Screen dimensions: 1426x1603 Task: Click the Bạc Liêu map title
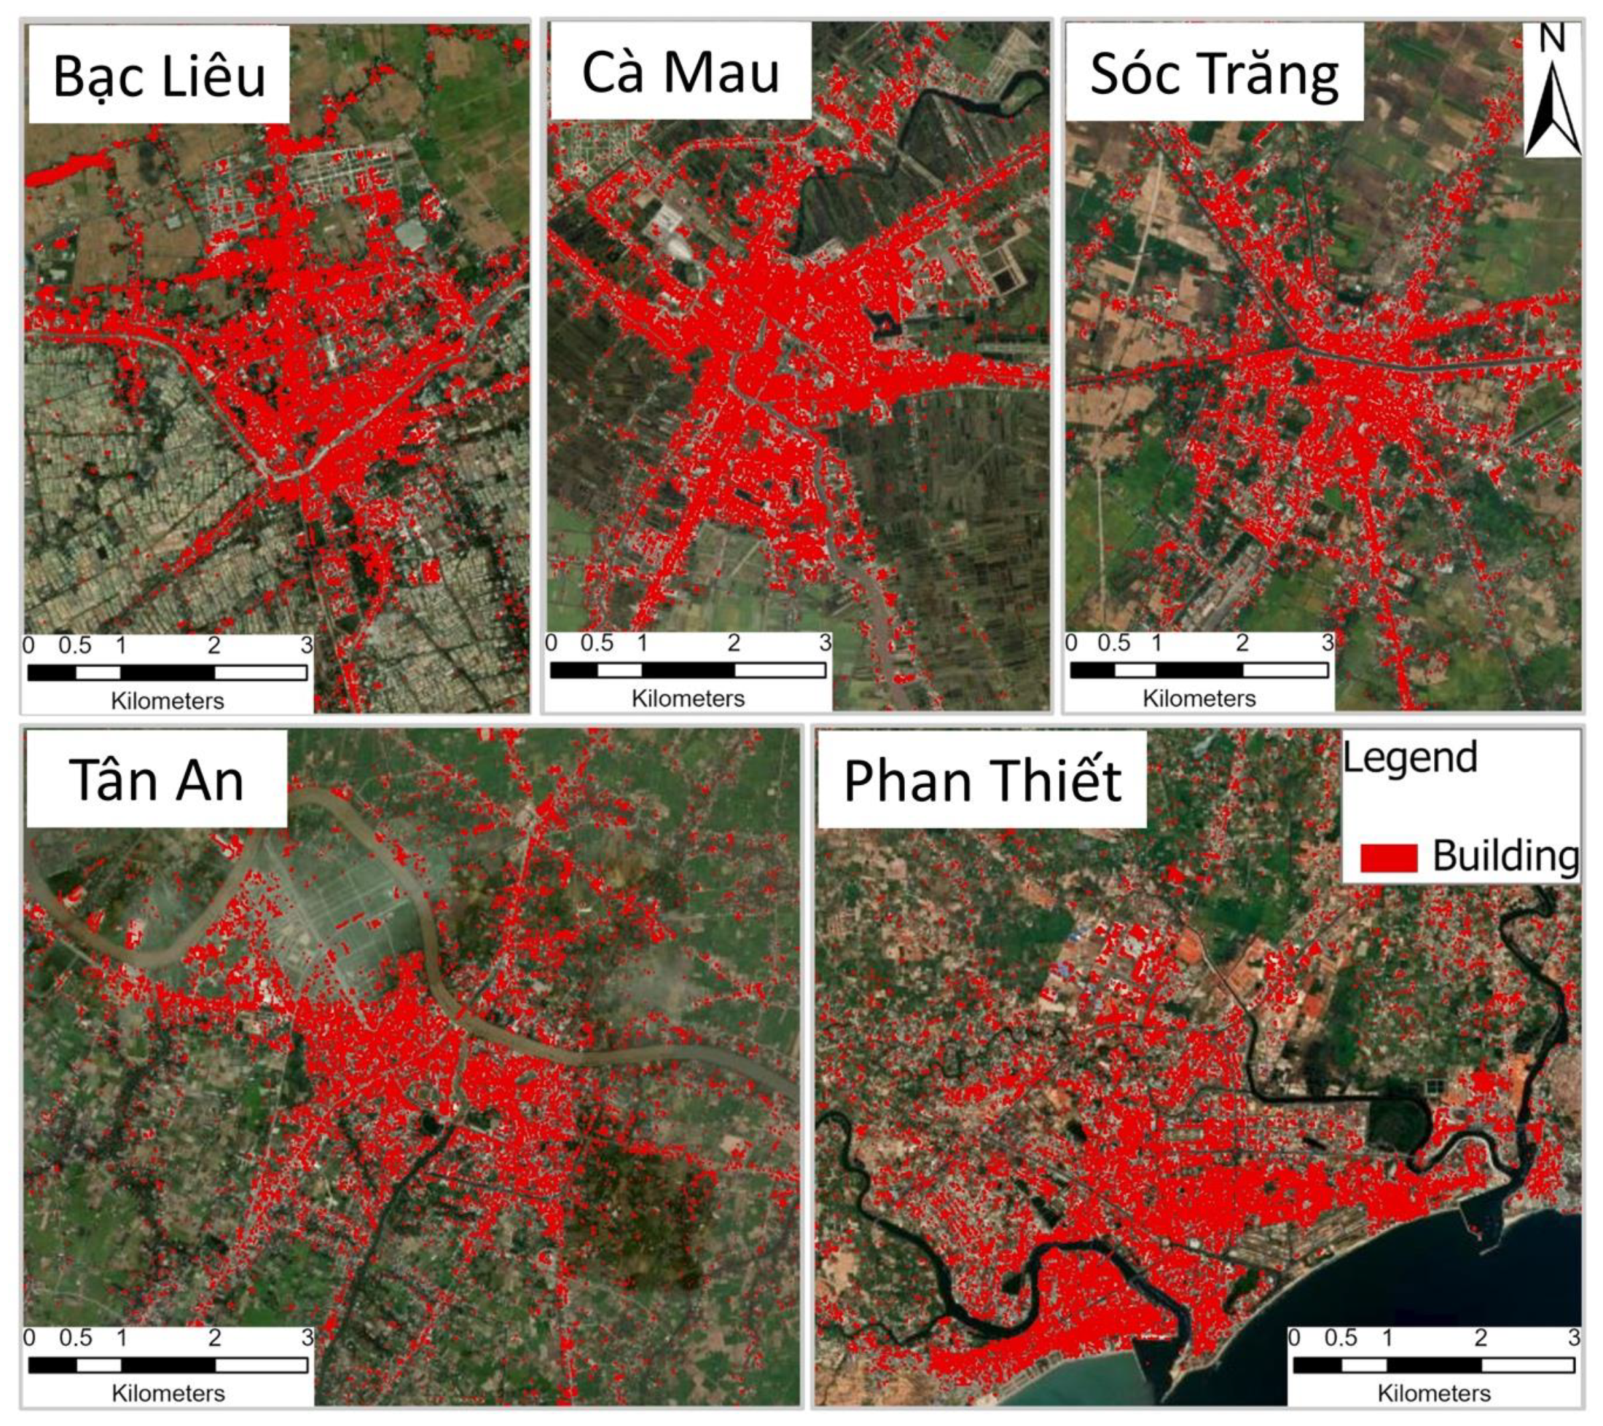click(159, 76)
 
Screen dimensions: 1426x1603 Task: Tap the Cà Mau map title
click(680, 72)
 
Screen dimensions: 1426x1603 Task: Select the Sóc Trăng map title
click(1214, 74)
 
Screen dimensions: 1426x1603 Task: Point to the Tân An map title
click(156, 780)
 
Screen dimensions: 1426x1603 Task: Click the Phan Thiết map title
click(982, 781)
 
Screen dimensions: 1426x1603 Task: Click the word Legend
click(1410, 757)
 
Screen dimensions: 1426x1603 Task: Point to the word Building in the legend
click(1505, 855)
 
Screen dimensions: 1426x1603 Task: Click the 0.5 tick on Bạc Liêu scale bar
click(74, 645)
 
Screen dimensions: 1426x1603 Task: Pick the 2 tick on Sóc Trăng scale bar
click(1241, 643)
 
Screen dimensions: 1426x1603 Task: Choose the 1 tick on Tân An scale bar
click(121, 1337)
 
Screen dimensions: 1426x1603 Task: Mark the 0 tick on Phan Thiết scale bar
click(1294, 1337)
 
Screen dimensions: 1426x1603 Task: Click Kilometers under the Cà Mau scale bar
click(688, 698)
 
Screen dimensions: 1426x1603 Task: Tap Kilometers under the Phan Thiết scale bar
click(1434, 1393)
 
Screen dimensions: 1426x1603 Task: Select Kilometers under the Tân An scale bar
click(168, 1393)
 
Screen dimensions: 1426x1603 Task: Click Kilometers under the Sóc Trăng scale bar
click(1198, 698)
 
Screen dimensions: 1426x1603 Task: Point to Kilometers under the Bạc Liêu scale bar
click(167, 701)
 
